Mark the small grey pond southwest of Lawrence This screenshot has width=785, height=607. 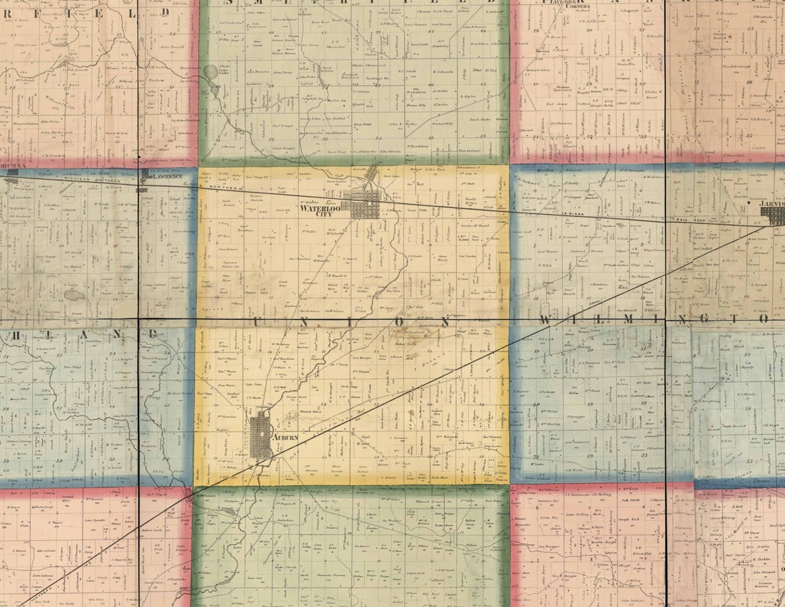pos(71,295)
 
